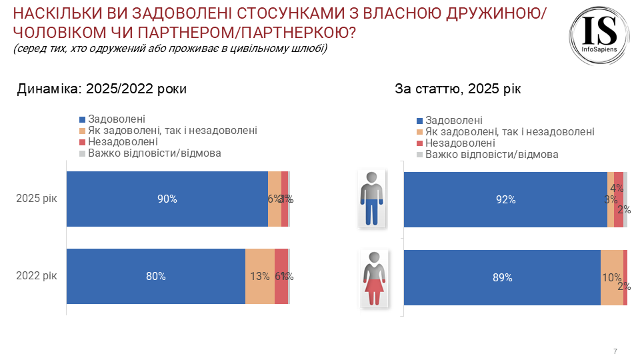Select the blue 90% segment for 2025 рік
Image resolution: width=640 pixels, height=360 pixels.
tap(167, 199)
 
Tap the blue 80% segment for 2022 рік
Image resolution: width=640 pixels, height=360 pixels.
tap(156, 276)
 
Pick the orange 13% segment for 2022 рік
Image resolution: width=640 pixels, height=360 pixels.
tap(260, 276)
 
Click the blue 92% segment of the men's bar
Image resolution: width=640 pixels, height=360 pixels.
tap(505, 199)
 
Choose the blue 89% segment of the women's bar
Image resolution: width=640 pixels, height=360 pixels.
tap(502, 277)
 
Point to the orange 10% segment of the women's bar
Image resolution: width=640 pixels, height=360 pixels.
tap(611, 277)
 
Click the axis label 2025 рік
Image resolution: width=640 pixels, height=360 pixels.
tap(37, 199)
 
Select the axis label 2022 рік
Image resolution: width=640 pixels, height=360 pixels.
tap(37, 276)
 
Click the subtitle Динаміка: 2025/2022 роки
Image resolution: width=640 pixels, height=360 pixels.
tap(101, 89)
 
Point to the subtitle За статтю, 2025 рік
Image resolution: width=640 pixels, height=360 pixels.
tap(457, 89)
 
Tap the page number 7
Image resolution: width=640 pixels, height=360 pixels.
tap(615, 351)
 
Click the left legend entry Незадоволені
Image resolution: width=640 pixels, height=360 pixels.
tap(123, 141)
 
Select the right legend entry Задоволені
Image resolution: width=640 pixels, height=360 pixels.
tap(453, 121)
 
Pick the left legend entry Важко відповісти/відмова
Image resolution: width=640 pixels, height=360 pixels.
tap(154, 153)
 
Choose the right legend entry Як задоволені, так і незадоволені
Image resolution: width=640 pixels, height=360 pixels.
tap(509, 132)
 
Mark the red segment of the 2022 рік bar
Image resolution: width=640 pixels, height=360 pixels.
tap(281, 276)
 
